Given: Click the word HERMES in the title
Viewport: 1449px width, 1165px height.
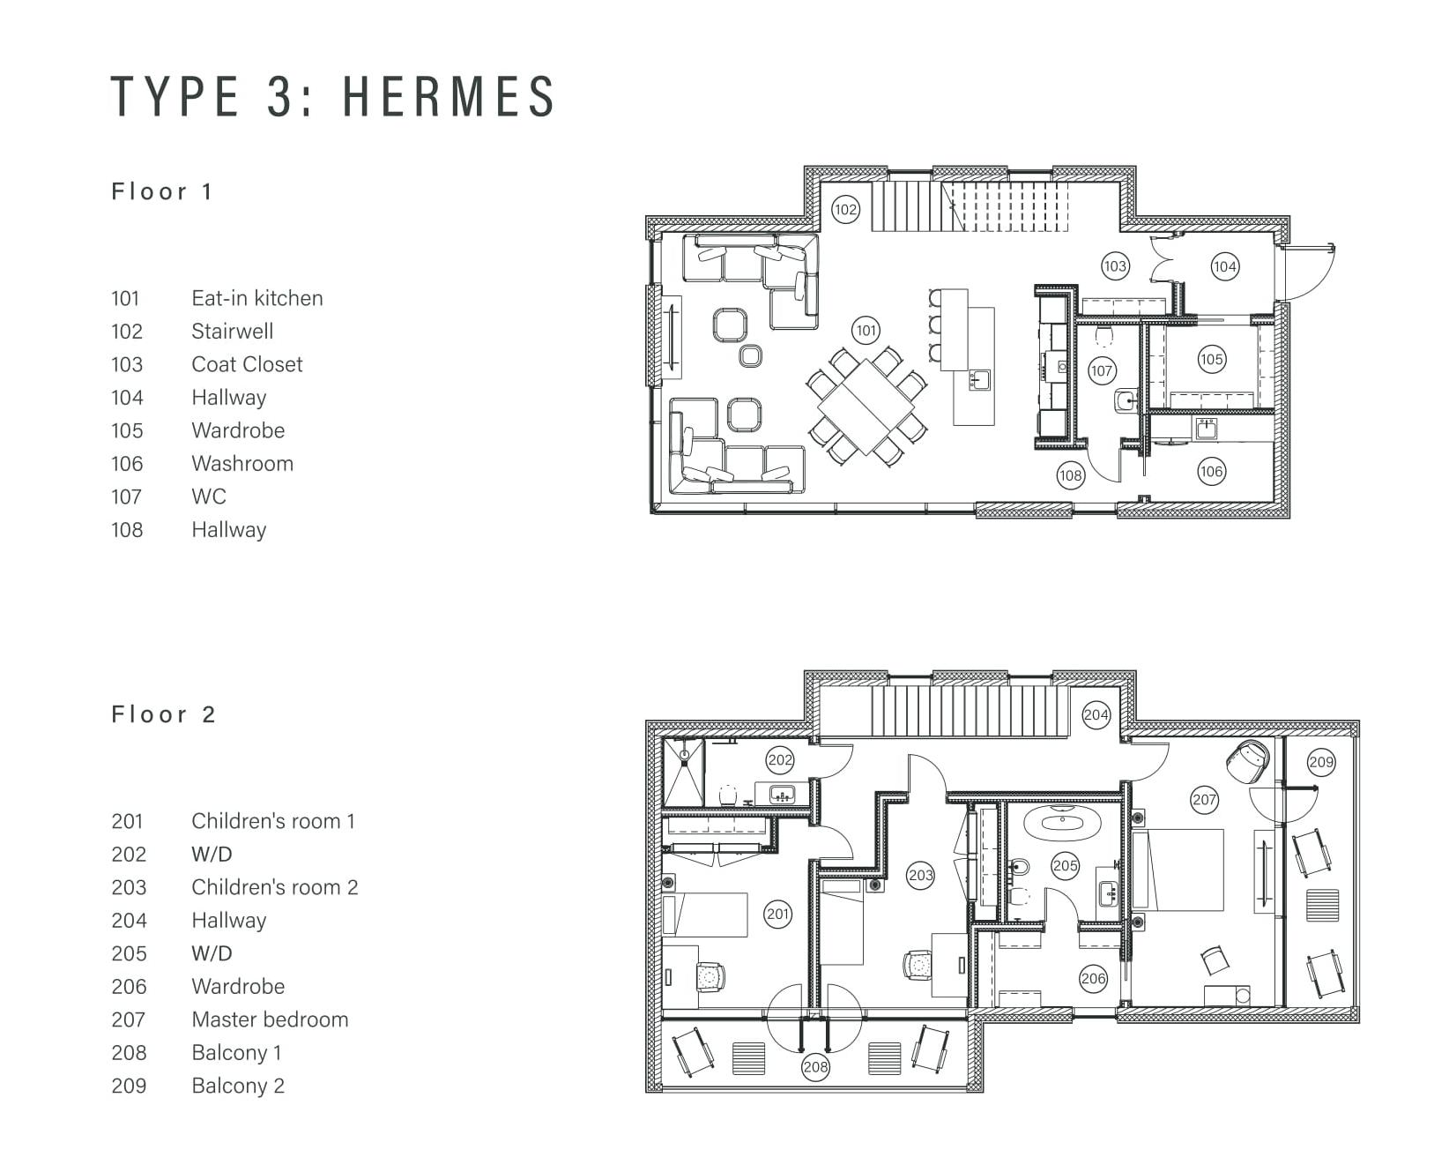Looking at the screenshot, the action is pyautogui.click(x=450, y=95).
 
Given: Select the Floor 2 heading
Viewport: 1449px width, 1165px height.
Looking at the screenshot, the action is pyautogui.click(x=164, y=714).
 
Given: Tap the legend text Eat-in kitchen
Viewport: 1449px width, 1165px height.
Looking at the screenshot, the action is pyautogui.click(x=257, y=298).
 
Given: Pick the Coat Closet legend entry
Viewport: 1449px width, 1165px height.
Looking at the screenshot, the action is pyautogui.click(x=247, y=364).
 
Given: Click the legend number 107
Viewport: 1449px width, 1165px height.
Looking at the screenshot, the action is pyautogui.click(x=127, y=497).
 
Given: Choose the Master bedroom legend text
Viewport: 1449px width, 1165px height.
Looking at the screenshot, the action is pyautogui.click(x=270, y=1019).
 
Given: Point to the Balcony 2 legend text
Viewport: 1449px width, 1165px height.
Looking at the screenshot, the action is pyautogui.click(x=238, y=1086).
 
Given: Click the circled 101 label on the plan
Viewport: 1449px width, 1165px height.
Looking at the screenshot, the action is pyautogui.click(x=866, y=330).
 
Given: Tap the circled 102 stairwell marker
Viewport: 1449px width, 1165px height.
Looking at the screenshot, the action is pyautogui.click(x=846, y=210).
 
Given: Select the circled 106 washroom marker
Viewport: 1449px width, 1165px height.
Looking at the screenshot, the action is pyautogui.click(x=1211, y=472).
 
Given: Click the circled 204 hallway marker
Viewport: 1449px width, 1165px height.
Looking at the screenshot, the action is pyautogui.click(x=1096, y=715).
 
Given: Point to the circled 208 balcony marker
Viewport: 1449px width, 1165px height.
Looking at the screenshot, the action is pyautogui.click(x=815, y=1066).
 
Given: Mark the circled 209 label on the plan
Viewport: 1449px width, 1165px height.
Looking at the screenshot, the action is pyautogui.click(x=1321, y=762).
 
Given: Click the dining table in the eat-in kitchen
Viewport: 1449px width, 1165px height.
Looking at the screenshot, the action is pyautogui.click(x=866, y=407).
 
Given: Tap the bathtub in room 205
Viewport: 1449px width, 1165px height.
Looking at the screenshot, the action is pyautogui.click(x=1062, y=822).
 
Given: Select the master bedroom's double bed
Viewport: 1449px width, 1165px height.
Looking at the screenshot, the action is pyautogui.click(x=1178, y=870).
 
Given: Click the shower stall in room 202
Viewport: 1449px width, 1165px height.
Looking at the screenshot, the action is pyautogui.click(x=683, y=773).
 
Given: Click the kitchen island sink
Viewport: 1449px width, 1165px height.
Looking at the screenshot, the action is pyautogui.click(x=980, y=378).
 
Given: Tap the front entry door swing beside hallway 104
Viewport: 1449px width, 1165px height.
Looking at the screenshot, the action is pyautogui.click(x=1311, y=273).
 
